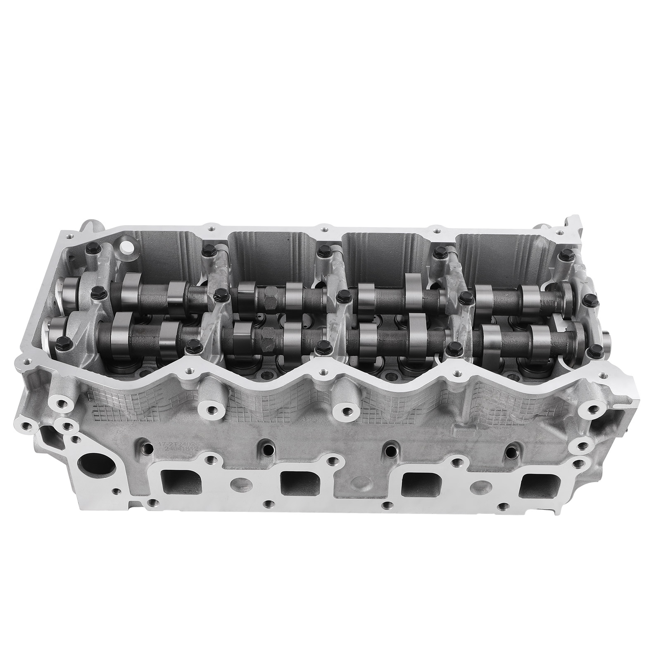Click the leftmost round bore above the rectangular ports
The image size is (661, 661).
click(x=146, y=446)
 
